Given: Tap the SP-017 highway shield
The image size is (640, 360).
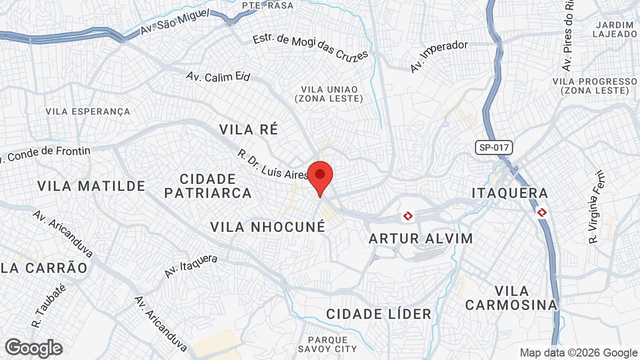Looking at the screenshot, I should [493, 147].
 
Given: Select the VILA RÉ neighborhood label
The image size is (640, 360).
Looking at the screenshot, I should [248, 129].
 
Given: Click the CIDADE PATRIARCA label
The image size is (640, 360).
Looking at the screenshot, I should [207, 186].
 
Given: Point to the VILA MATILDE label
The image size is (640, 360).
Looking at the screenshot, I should [91, 186].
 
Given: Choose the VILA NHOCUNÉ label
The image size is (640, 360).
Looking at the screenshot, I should [267, 227].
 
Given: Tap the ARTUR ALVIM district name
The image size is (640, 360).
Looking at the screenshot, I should [420, 238].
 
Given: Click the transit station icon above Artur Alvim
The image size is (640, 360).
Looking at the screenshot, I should [408, 216].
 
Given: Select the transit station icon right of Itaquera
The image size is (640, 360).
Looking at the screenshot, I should [541, 212].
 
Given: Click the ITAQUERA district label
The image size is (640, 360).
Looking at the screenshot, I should [510, 193].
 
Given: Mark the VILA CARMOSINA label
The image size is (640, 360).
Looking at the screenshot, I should [511, 298].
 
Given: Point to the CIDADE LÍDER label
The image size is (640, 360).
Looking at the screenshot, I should [378, 314].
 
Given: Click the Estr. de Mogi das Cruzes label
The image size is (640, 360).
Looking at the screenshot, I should [310, 48].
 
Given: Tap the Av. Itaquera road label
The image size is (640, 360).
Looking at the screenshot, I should [191, 266].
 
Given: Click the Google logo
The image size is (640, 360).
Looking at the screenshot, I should [33, 348].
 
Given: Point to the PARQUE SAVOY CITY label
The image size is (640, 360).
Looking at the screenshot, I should [327, 344].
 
